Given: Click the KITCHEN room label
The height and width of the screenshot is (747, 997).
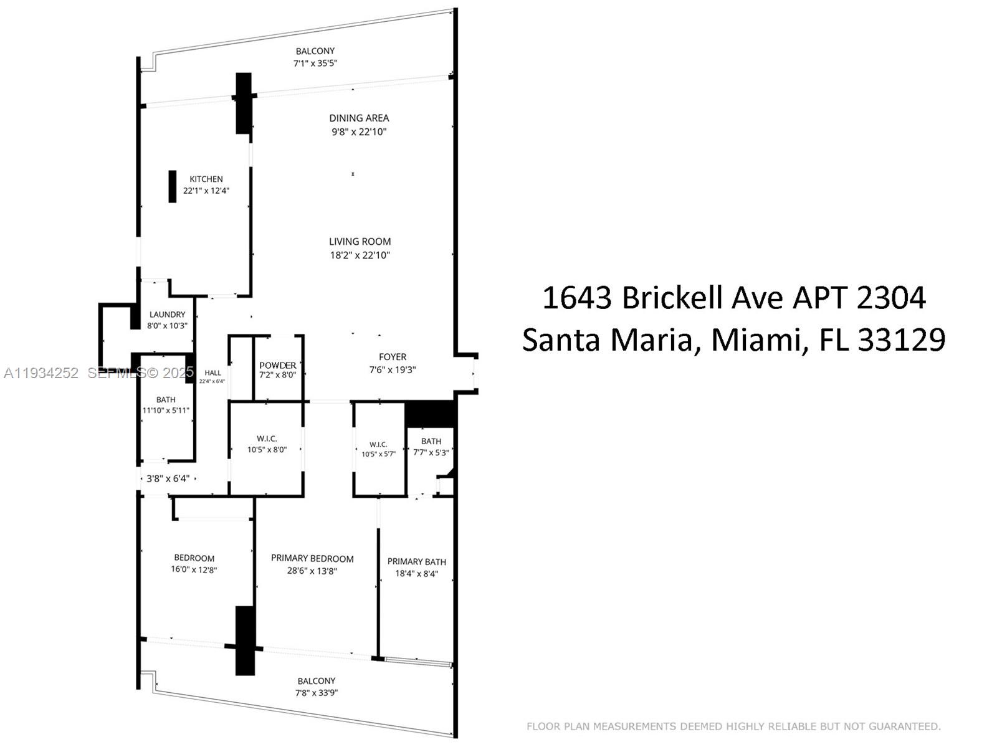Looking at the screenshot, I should [x=206, y=179].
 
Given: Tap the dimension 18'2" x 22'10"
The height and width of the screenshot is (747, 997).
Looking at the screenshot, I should [x=360, y=255].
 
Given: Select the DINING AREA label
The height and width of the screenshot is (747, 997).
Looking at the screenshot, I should [x=359, y=118].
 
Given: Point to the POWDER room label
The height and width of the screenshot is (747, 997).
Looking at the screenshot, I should [x=278, y=365].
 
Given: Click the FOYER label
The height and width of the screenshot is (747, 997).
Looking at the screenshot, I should [x=393, y=357].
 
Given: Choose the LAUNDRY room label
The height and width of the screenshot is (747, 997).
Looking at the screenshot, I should [x=167, y=315].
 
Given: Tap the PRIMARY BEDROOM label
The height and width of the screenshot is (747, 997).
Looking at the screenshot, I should [x=312, y=559].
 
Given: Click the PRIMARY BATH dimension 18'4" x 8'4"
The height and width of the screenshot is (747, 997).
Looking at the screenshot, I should [x=417, y=574].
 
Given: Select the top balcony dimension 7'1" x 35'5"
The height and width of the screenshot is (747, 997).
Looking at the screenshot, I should [x=315, y=63].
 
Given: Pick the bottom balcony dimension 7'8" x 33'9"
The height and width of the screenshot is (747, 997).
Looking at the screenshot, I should [x=317, y=693].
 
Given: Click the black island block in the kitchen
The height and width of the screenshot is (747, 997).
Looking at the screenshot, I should [x=173, y=186].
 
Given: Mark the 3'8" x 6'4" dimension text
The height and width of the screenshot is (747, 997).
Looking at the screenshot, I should [x=167, y=479].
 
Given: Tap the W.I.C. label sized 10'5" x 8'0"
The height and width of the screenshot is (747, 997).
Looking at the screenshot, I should [x=267, y=439].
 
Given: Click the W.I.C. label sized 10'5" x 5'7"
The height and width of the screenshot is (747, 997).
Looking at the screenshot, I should [x=378, y=444].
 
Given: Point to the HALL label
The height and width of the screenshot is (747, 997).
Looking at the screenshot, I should [x=212, y=373].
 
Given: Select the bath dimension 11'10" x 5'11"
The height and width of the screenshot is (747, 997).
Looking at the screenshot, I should [x=166, y=411].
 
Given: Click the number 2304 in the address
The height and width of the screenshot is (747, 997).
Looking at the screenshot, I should [x=891, y=298].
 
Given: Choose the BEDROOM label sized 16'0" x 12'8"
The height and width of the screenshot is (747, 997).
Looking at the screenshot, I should [x=194, y=558].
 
